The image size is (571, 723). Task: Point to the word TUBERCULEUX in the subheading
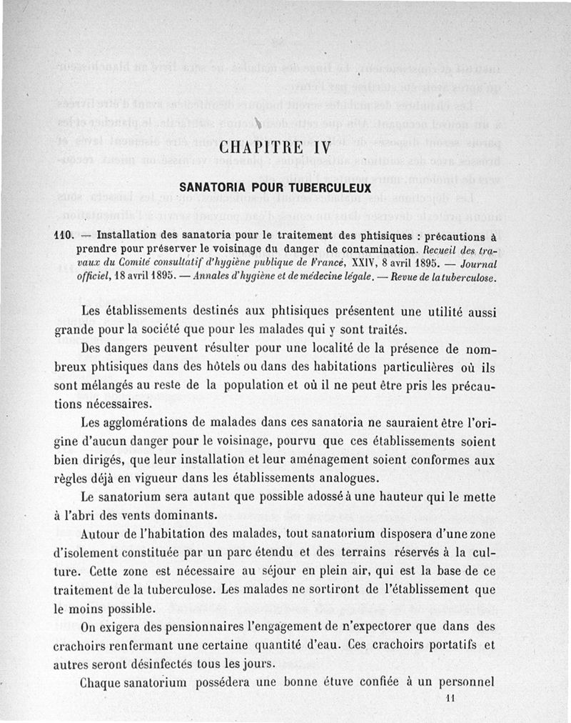point(331,189)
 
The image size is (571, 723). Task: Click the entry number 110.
point(66,234)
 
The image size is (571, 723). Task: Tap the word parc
point(291,553)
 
